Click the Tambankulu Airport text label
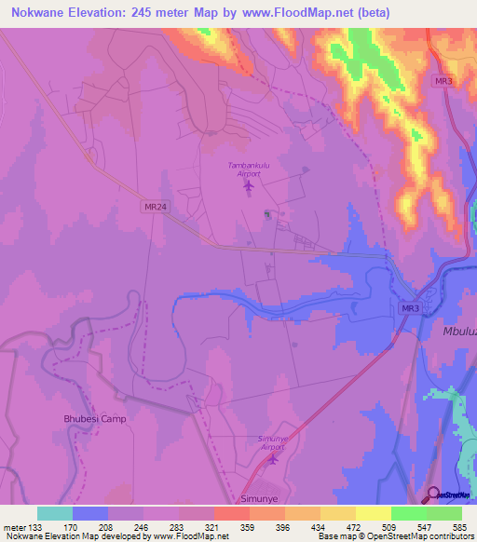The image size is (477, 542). point(247,169)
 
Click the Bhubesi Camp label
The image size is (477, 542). point(94,419)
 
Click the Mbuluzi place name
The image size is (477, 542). point(454,331)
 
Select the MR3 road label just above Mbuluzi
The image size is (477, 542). point(409,308)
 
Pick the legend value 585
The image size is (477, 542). point(461,527)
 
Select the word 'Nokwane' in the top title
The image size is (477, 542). point(42,13)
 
